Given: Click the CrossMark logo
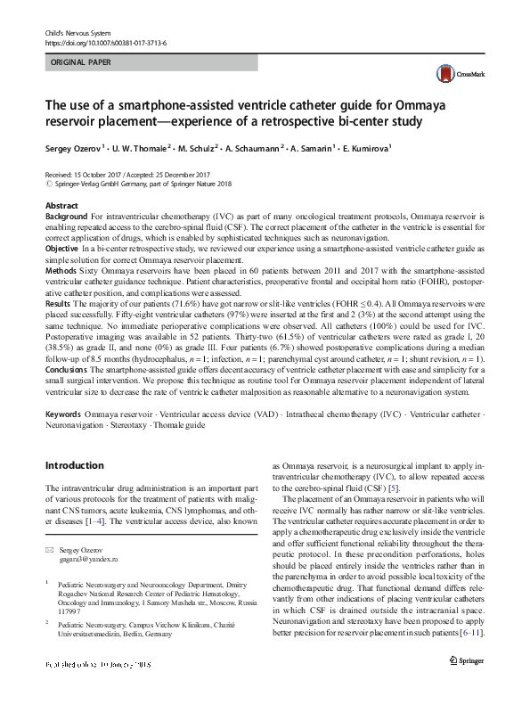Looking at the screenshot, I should (453, 74).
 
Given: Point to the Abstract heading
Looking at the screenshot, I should (61, 206).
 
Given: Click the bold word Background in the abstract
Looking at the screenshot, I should (66, 217).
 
